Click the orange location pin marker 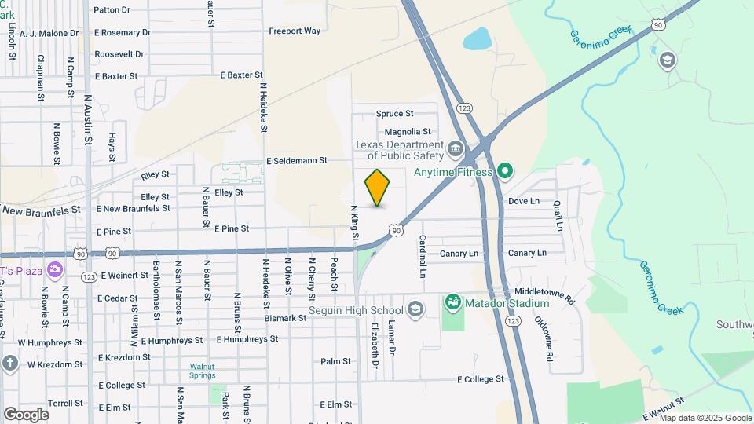(378, 188)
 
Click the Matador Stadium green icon (452, 302)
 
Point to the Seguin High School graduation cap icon (415, 311)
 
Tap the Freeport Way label (295, 31)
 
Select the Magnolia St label (408, 131)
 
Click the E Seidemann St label (296, 160)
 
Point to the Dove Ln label (524, 201)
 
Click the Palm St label (335, 361)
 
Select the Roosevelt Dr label (119, 54)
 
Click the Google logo (26, 414)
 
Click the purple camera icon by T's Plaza (54, 270)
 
